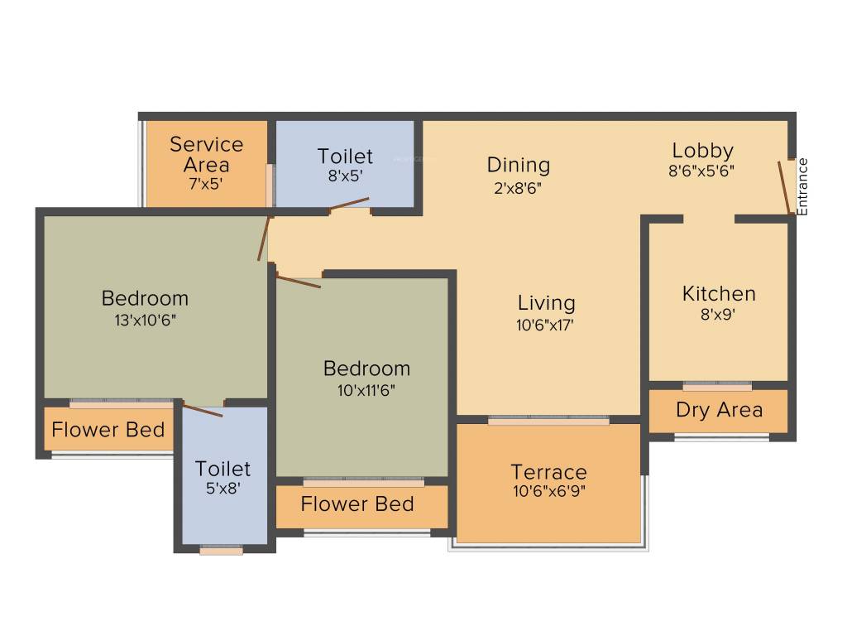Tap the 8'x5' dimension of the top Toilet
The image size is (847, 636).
(345, 176)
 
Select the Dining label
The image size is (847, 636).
(519, 165)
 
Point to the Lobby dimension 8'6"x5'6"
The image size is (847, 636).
(702, 171)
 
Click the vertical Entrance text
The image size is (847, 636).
(802, 186)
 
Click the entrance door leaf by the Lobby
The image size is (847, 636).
(784, 187)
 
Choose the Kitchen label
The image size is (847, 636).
(719, 294)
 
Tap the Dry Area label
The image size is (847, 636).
(719, 410)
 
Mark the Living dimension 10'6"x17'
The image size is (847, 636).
(546, 325)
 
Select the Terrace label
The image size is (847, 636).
(548, 472)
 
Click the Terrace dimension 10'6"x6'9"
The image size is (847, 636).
(548, 490)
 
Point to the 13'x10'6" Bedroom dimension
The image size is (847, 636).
(145, 319)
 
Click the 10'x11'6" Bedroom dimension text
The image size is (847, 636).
(366, 389)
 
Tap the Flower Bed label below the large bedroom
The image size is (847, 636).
(108, 431)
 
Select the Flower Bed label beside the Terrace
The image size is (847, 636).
(357, 503)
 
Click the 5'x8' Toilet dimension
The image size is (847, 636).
(223, 489)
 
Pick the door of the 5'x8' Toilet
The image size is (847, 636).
(203, 410)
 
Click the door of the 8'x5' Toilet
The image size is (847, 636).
(349, 204)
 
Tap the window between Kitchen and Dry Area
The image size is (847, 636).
(717, 386)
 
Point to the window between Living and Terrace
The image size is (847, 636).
(548, 421)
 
